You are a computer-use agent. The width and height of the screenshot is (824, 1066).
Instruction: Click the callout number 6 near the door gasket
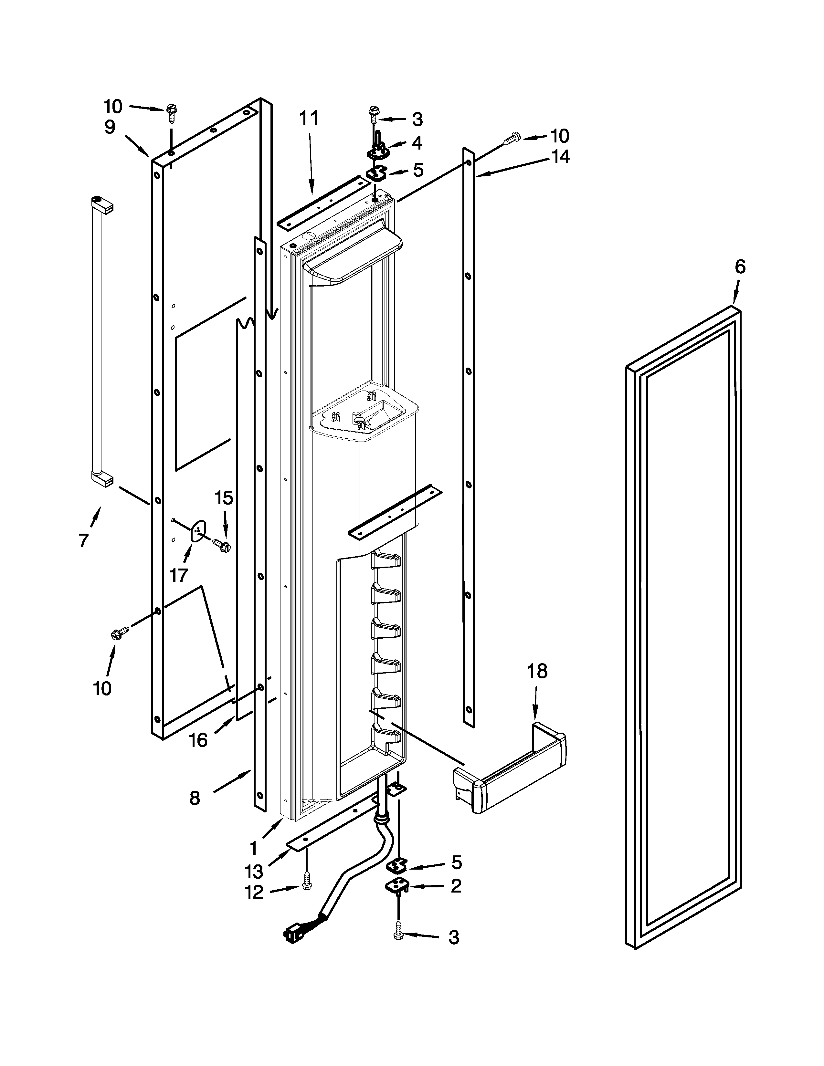pos(740,267)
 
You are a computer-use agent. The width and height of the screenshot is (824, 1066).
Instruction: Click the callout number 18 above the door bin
pos(537,672)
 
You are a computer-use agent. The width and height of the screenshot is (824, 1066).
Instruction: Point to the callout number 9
pos(110,127)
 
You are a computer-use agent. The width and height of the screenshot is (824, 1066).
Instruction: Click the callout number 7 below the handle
pos(84,540)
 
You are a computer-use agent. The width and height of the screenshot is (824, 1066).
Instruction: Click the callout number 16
pos(198,740)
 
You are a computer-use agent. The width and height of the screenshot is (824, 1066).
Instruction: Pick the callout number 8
pos(194,798)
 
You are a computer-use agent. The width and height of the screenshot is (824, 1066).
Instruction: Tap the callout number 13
pos(254,871)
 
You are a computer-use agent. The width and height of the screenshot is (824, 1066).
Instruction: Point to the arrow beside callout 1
pos(274,830)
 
